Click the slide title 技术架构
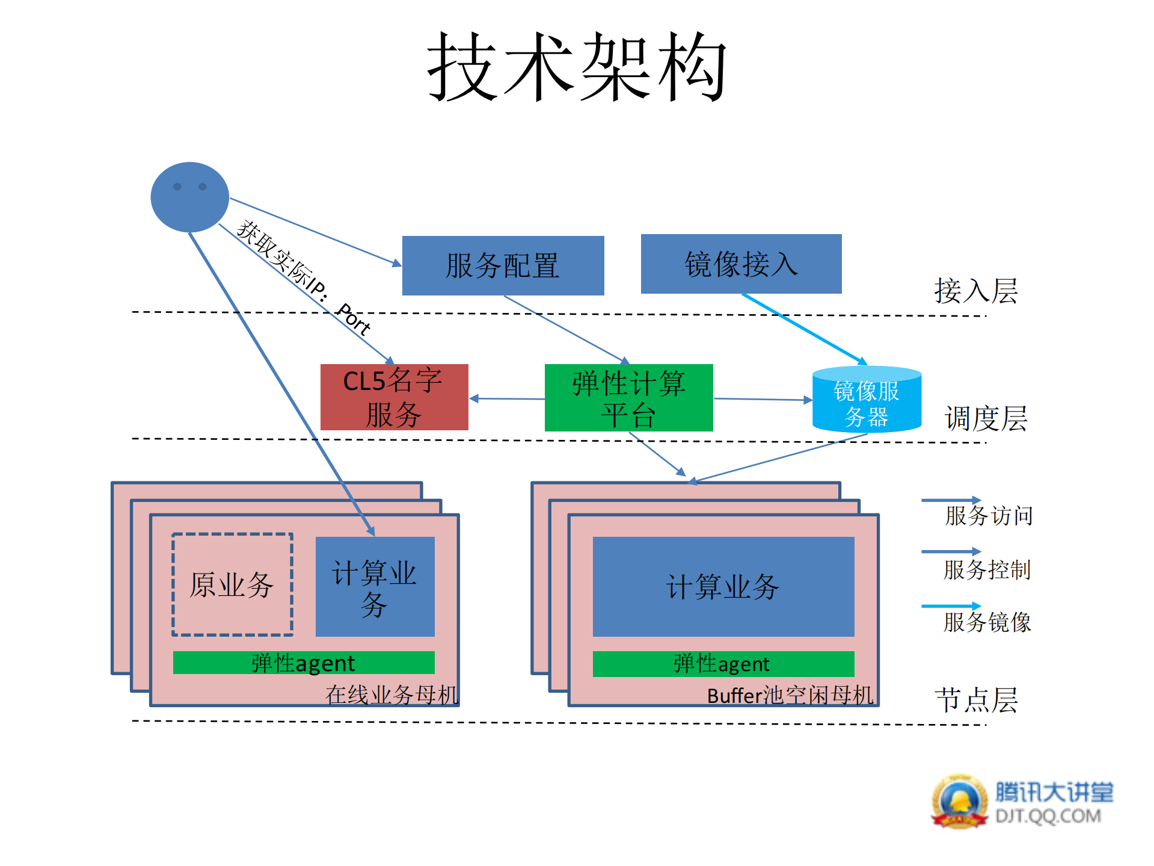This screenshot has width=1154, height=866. pos(577,67)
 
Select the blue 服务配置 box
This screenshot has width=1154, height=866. pos(503,265)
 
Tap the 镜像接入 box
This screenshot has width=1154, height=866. pos(741,264)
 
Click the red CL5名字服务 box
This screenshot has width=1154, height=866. pos(394,397)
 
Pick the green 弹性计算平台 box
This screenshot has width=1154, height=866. pos(628,398)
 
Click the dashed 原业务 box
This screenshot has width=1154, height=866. pos(232,584)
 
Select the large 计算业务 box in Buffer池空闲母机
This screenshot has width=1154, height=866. pos(723,586)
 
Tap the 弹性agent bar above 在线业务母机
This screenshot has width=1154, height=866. pos(303,663)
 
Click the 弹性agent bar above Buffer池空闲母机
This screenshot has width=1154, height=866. pos(723,664)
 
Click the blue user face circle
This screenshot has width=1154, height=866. pos(189,197)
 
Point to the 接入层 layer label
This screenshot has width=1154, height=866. pos(975,291)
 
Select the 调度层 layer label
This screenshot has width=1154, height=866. pos(986,418)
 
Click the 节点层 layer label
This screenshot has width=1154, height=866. pos(976,701)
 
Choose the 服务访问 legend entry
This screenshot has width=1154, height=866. pos(988,516)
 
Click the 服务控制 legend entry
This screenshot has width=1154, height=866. pos(987,569)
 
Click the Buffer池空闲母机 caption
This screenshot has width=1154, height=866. pos(790,696)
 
